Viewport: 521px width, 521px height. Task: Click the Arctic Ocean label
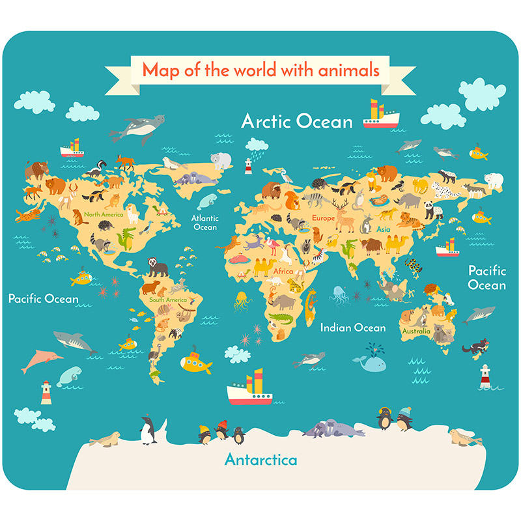point(297,121)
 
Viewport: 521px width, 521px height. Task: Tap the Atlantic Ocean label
point(205,223)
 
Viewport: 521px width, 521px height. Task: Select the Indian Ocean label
point(352,328)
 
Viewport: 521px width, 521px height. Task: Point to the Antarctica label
point(260,460)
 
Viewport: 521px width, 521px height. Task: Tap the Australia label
point(416,331)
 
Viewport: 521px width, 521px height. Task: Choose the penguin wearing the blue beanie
point(404,417)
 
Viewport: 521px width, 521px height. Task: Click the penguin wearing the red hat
point(221,430)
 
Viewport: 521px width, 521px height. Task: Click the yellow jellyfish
point(242,300)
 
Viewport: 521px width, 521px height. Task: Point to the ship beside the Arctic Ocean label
point(381,115)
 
